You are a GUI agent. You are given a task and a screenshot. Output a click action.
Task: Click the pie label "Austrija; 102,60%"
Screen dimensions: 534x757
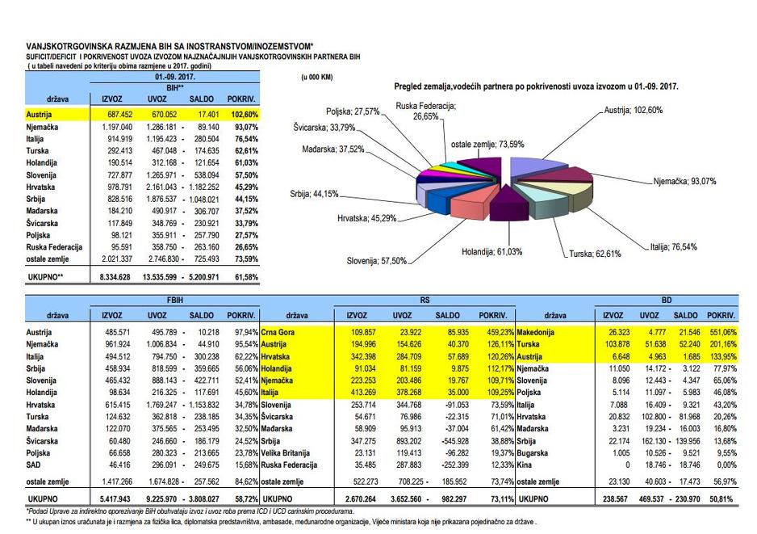point(633,110)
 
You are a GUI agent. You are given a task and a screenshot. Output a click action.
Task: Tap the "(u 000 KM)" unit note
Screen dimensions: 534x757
point(316,77)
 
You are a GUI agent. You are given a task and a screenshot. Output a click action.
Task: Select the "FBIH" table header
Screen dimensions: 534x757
point(175,299)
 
